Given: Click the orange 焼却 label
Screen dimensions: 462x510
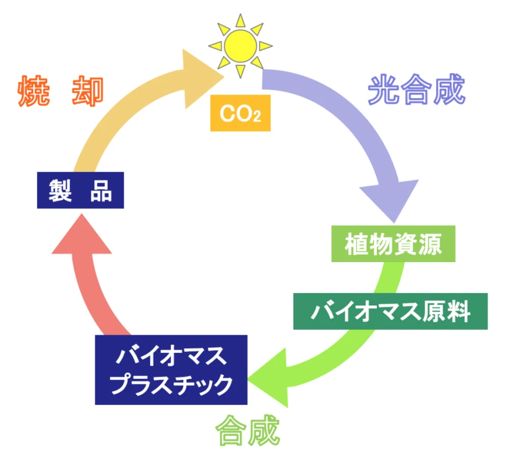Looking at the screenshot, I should [x=61, y=92].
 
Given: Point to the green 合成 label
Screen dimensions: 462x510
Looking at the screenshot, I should [x=248, y=431].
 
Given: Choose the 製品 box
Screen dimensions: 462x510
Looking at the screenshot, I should [x=81, y=190].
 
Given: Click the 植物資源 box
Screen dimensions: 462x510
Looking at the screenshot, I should [x=393, y=244].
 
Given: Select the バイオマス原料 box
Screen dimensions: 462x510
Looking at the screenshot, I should [x=390, y=311].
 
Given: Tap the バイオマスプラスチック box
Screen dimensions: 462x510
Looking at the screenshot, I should [x=171, y=369].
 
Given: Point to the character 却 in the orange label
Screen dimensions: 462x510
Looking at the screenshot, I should [x=88, y=92].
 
